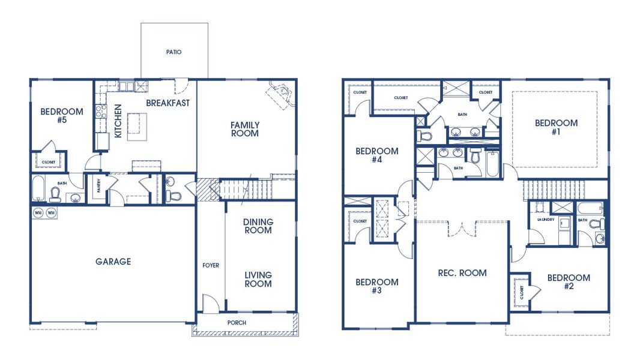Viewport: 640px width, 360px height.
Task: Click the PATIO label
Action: pos(174,52)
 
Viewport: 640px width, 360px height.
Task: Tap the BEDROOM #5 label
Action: pos(61,116)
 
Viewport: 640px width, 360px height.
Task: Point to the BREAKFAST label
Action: pos(168,103)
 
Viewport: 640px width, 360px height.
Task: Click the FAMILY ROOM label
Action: pos(245,129)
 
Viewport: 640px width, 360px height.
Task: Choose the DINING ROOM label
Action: pos(258,226)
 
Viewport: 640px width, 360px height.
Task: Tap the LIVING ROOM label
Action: pos(258,280)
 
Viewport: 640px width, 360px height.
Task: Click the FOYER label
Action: pos(211,265)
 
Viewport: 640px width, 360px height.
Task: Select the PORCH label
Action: pos(237,323)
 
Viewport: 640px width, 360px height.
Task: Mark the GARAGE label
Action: pos(113,262)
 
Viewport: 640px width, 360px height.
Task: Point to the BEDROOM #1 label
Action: pos(557,127)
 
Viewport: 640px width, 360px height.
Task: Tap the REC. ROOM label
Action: pos(462,273)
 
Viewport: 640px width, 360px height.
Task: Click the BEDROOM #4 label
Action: pos(377,155)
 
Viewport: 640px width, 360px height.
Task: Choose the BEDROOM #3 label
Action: pos(377,286)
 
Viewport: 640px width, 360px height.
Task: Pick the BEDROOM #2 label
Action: pos(569,282)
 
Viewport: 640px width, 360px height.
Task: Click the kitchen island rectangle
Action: pos(137,127)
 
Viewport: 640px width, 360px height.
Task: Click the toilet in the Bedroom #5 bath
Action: pos(56,194)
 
